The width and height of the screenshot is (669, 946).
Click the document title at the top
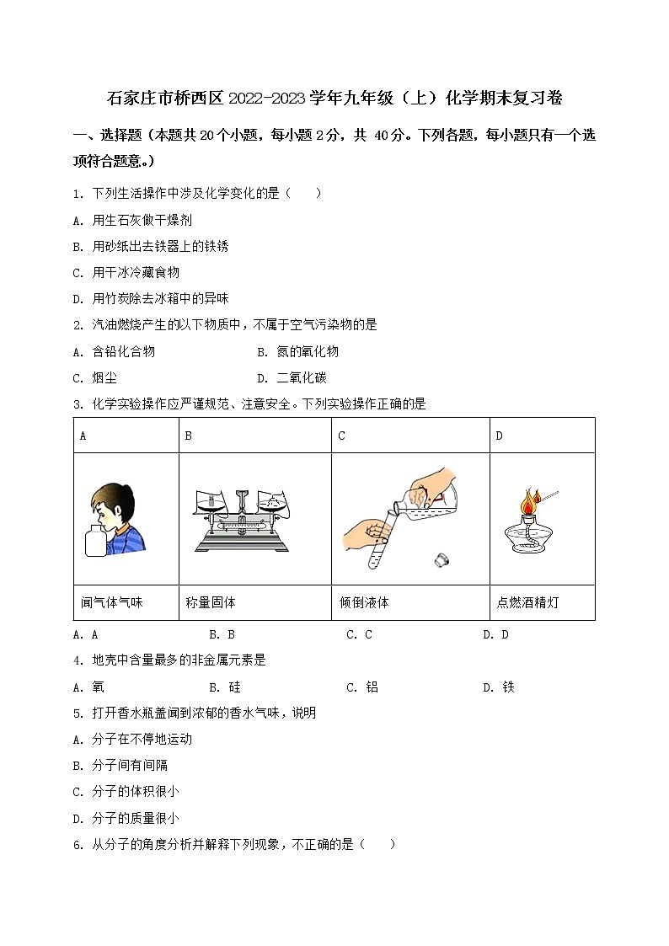point(334,99)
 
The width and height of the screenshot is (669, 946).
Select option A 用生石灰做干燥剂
point(133,220)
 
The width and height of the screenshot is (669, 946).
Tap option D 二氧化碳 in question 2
point(292,377)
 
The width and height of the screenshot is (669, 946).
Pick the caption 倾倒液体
point(363,602)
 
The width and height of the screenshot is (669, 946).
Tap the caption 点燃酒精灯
point(527,602)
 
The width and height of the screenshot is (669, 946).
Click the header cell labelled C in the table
point(342,436)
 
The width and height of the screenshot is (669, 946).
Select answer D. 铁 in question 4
point(498,687)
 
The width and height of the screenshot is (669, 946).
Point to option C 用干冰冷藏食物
point(126,272)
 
